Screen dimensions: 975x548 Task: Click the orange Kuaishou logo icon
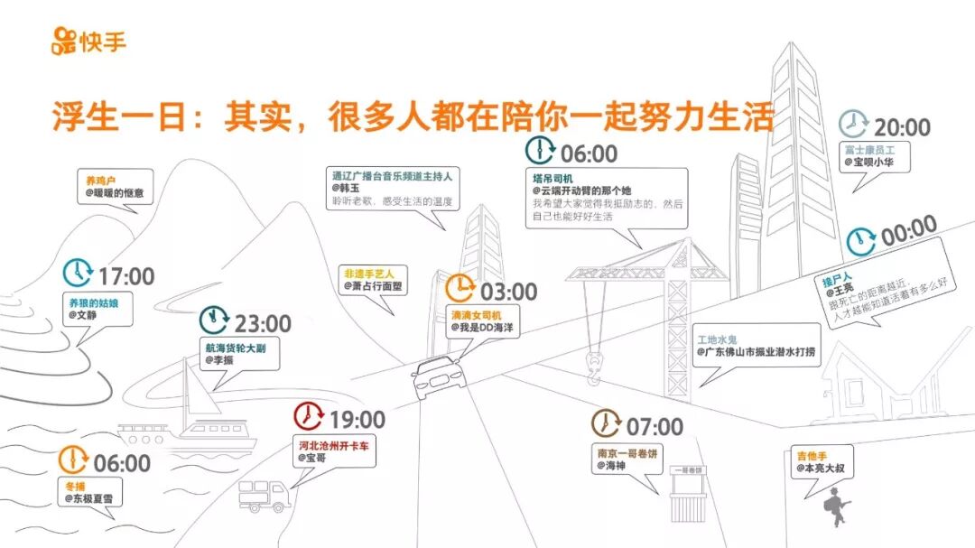point(65,41)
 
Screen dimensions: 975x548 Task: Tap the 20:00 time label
point(901,127)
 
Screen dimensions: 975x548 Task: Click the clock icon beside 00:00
point(861,240)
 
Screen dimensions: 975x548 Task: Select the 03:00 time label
point(508,292)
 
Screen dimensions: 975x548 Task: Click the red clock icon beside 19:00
point(308,417)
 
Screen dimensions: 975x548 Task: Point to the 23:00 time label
point(263,323)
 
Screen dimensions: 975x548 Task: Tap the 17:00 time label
point(126,276)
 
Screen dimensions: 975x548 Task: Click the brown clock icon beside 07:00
point(607,423)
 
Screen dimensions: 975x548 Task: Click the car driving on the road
point(438,376)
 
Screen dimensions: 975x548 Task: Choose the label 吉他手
point(812,455)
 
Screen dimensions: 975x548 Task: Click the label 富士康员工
point(869,148)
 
